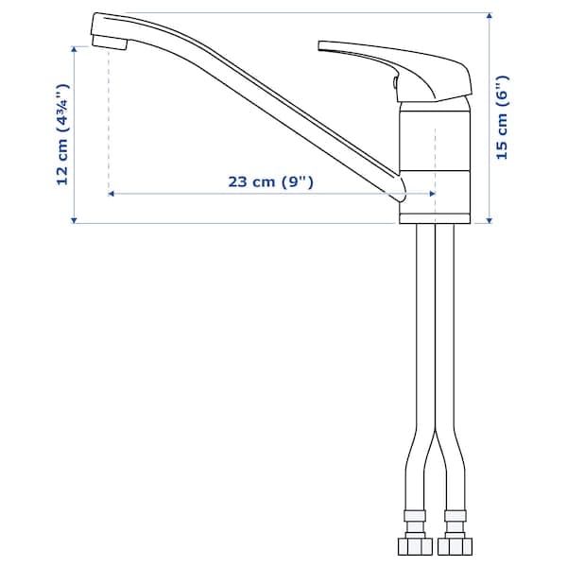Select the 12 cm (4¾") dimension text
tap(62, 135)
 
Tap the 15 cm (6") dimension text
tap(503, 117)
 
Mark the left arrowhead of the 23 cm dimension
tap(112, 194)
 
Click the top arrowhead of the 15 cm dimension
tap(490, 17)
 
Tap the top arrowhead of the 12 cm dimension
tap(75, 46)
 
